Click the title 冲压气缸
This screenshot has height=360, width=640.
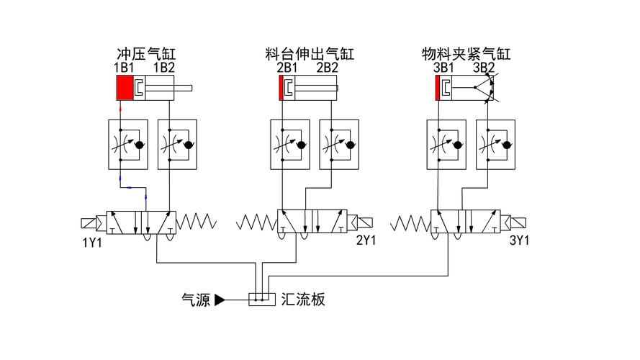[147, 54]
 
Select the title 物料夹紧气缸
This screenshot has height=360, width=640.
[466, 54]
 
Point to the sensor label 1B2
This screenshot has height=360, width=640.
[164, 68]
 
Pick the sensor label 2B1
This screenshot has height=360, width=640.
[287, 68]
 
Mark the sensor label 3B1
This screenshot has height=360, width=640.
[443, 68]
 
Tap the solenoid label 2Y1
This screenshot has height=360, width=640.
[366, 241]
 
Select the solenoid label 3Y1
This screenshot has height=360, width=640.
[518, 241]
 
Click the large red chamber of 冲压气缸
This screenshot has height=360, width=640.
[125, 89]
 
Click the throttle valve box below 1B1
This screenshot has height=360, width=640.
[127, 145]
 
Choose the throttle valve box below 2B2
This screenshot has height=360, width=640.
[338, 145]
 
